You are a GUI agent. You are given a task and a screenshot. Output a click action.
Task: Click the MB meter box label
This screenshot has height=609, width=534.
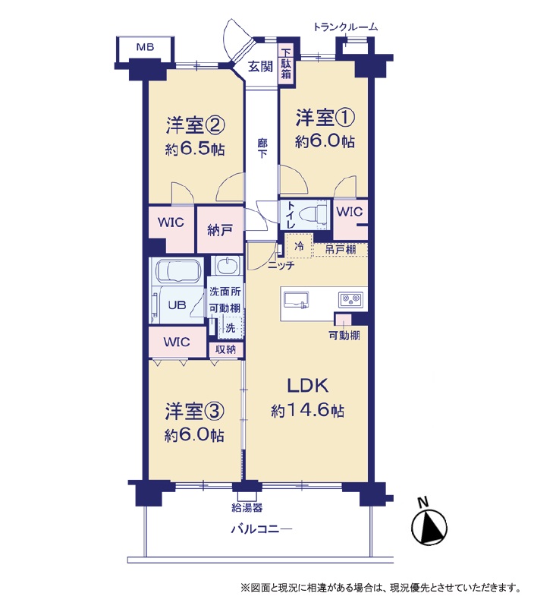click(145, 47)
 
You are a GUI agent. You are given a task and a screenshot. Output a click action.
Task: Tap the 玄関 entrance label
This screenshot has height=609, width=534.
click(260, 66)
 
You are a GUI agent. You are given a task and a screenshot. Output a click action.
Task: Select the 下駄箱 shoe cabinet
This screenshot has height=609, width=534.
click(286, 63)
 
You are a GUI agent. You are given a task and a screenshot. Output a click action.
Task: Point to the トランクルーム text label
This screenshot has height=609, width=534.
click(345, 27)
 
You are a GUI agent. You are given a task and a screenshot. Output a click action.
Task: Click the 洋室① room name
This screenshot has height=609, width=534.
click(325, 117)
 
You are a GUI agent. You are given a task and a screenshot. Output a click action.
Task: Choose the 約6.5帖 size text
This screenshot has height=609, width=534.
click(195, 149)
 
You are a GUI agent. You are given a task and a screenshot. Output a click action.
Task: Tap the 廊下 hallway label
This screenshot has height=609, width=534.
click(262, 148)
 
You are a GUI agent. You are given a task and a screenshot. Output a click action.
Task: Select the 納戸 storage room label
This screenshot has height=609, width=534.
click(220, 230)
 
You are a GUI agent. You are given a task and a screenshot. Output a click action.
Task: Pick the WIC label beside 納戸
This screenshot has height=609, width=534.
click(171, 222)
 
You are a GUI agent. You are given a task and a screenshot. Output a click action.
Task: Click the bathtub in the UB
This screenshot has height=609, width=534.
click(179, 272)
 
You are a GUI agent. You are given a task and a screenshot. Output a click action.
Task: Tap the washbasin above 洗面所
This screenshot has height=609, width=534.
click(226, 267)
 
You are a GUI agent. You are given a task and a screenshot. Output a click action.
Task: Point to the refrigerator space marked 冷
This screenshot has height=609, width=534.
click(299, 245)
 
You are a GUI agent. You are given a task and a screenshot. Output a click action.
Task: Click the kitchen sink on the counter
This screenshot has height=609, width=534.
click(297, 299)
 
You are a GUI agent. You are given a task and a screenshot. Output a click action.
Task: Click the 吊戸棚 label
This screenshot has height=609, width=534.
click(341, 249)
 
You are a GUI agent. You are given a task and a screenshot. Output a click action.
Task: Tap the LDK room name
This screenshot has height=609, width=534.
click(308, 386)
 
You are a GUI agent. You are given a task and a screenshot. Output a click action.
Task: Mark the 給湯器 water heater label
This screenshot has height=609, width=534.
click(247, 507)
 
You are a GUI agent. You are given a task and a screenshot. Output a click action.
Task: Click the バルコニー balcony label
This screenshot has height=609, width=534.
click(262, 529)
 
